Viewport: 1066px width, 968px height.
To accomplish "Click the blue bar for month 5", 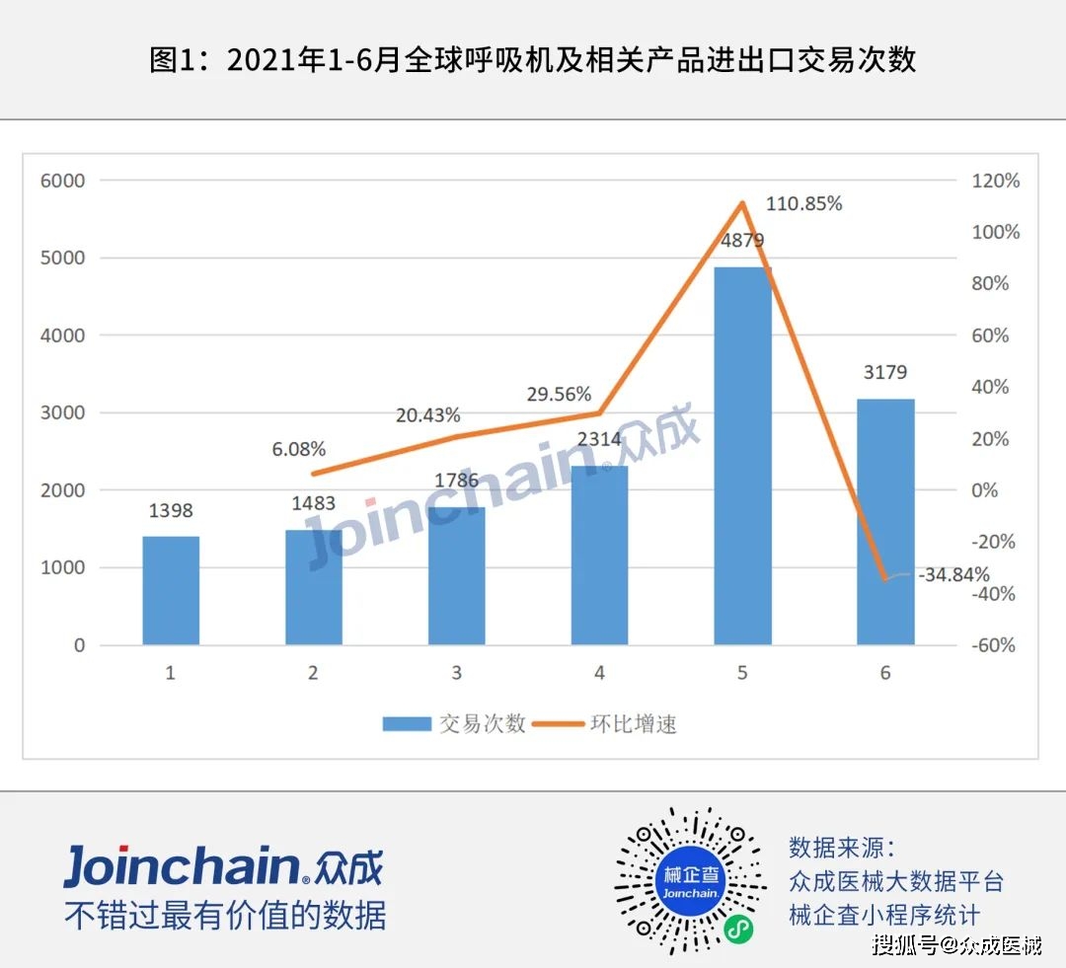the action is (x=742, y=456).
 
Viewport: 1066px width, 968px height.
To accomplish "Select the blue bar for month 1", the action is (x=171, y=590).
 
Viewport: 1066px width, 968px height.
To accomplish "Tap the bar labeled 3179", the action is (x=885, y=521).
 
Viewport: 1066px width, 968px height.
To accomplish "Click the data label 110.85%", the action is (x=803, y=203).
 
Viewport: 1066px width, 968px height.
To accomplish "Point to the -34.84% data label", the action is (x=953, y=574).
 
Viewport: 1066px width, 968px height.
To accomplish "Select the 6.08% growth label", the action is (x=298, y=449).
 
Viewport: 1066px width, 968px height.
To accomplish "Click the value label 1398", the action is (x=171, y=510).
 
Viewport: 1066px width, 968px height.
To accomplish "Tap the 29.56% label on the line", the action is (x=559, y=395).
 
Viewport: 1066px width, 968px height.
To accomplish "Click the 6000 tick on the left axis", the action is (x=62, y=181).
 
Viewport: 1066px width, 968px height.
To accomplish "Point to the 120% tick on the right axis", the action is (x=995, y=181).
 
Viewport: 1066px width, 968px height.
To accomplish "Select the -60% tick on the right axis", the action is (x=993, y=645).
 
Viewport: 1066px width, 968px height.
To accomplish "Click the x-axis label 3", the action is (x=456, y=673).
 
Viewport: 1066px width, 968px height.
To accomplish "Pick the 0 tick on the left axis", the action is (x=80, y=645).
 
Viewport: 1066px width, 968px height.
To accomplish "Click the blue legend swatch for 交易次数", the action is (x=407, y=724).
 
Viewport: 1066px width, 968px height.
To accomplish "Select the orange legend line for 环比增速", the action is (x=558, y=724).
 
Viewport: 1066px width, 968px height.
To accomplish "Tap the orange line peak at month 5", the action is (x=742, y=202).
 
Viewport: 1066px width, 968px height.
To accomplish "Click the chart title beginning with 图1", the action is (x=533, y=60).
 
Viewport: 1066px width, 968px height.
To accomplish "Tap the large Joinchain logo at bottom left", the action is (x=224, y=866).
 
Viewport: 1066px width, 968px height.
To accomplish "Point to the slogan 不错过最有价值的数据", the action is (x=225, y=915).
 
